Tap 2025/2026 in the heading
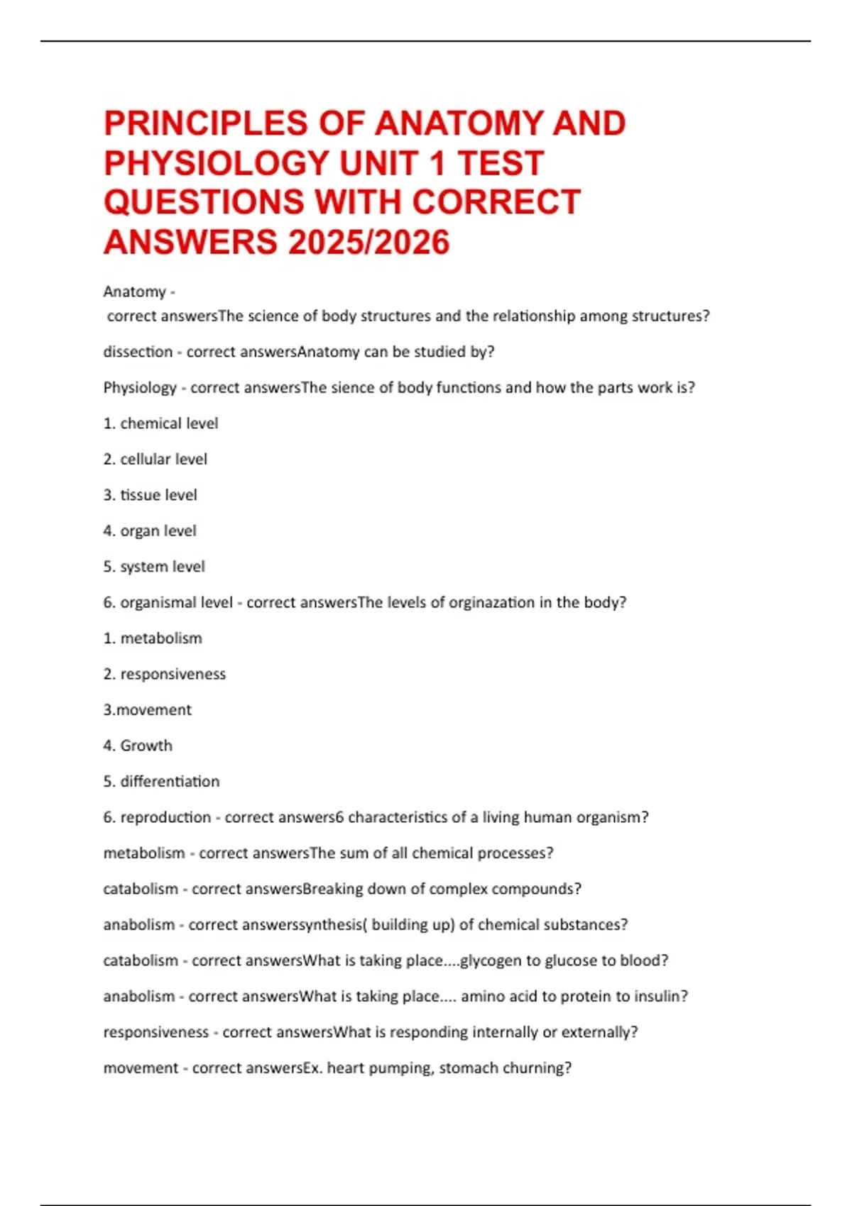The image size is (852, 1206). coord(368,242)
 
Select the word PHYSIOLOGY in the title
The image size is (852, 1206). coord(217,163)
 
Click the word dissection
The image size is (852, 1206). coord(138,352)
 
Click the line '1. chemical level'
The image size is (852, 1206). coord(160,424)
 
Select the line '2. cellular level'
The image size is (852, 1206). coord(155,459)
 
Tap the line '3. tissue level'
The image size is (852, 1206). coord(150,495)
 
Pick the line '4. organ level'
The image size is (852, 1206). coord(149,531)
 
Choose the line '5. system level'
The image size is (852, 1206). coord(153,567)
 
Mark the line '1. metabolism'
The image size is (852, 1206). coord(153,638)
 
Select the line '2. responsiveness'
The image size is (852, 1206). coord(164,674)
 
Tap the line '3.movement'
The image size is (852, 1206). coord(147,710)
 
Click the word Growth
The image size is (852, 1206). coord(146,746)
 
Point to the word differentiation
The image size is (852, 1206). coord(170,782)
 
